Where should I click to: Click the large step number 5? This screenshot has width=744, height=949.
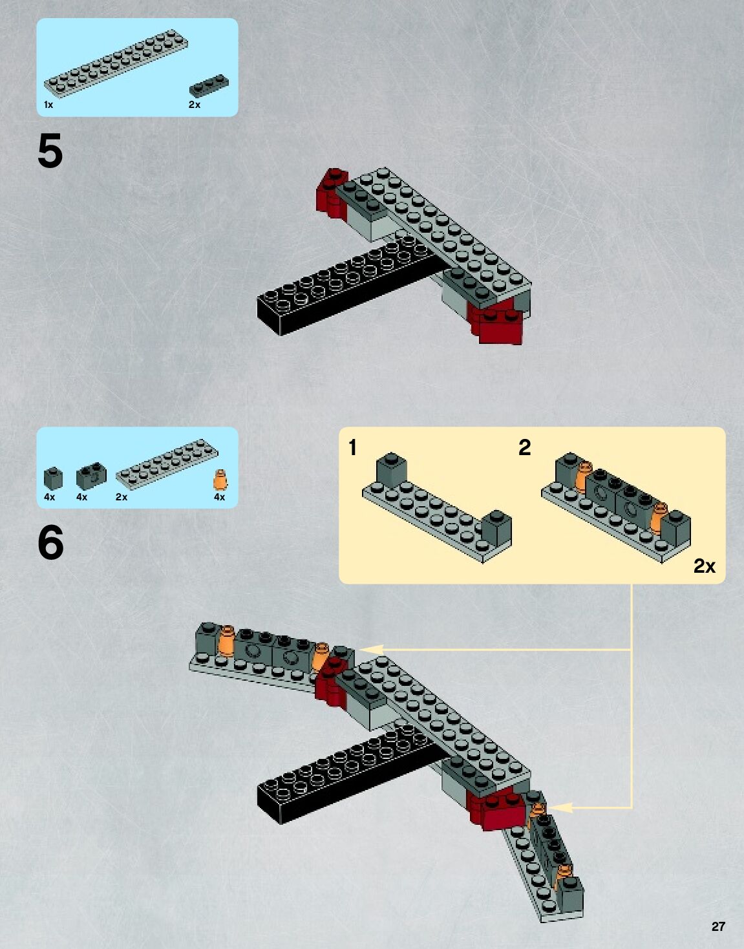[x=50, y=151]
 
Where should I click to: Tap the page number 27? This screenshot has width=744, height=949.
[x=718, y=926]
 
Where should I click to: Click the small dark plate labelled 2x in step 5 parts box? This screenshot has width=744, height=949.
[x=208, y=87]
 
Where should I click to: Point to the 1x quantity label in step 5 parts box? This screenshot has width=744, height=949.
[x=48, y=105]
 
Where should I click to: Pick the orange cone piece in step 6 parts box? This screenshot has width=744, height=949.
[x=220, y=480]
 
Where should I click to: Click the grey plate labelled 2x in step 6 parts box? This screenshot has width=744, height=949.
[x=167, y=461]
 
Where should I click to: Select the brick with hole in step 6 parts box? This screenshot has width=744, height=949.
[x=91, y=476]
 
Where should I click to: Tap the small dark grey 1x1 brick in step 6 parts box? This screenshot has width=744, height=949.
[x=53, y=478]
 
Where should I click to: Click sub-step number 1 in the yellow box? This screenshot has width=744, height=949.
[x=352, y=447]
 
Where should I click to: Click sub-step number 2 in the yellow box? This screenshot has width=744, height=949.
[x=524, y=447]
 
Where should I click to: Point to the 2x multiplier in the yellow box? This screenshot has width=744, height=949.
[x=704, y=566]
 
